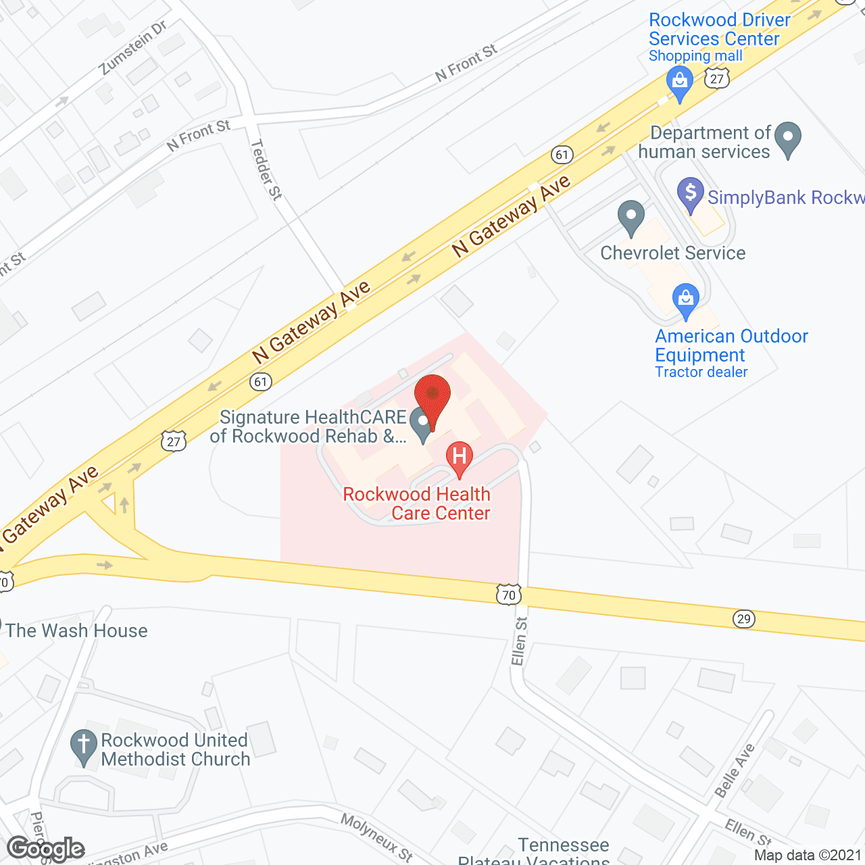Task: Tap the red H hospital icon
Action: [x=460, y=459]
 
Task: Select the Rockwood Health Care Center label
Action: [x=416, y=503]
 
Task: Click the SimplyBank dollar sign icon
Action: [x=690, y=195]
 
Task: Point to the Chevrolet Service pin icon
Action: [x=631, y=218]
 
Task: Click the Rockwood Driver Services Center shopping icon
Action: [x=680, y=84]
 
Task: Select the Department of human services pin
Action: [x=788, y=139]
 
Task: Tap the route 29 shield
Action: [x=743, y=619]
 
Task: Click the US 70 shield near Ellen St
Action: [x=508, y=595]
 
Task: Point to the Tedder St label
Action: [x=266, y=170]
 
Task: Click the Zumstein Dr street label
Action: [x=133, y=48]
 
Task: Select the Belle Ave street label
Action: [x=735, y=771]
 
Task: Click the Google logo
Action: [x=46, y=849]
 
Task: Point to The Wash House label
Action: [x=76, y=631]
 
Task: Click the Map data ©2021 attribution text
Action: [x=808, y=856]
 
